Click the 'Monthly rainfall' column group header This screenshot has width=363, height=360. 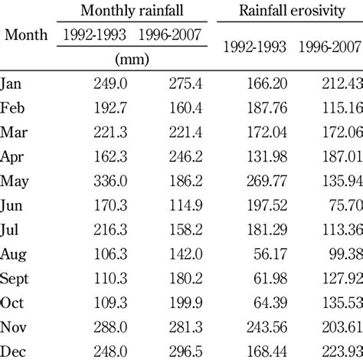(x=132, y=11)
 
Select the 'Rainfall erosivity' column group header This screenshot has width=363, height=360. (x=289, y=11)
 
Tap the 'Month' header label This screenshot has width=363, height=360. (x=26, y=35)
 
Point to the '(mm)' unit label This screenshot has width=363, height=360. (x=132, y=58)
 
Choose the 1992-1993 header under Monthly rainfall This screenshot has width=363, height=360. (x=91, y=35)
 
